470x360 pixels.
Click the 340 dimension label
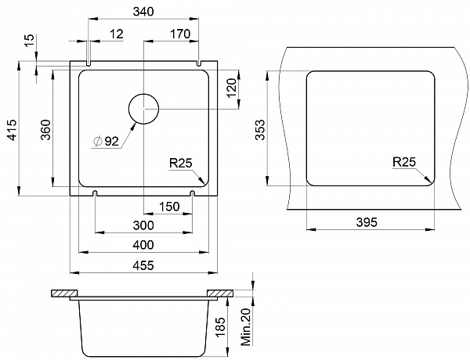(x=143, y=12)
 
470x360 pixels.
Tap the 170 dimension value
(x=180, y=34)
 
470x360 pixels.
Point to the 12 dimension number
(x=116, y=34)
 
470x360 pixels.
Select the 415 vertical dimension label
(x=13, y=130)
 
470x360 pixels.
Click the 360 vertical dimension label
(x=46, y=130)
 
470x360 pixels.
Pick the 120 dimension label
(x=232, y=88)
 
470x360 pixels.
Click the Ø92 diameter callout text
(x=106, y=141)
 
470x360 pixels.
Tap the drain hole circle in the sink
(x=143, y=109)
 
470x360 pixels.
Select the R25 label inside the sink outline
(x=180, y=164)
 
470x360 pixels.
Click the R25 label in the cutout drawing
(x=404, y=162)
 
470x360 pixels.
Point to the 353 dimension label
(x=260, y=130)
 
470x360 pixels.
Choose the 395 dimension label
(x=367, y=222)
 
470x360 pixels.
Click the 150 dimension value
(x=169, y=207)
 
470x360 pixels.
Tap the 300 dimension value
(x=143, y=225)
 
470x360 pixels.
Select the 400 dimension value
(x=143, y=245)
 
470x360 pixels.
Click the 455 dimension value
(x=143, y=265)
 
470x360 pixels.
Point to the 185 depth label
(x=220, y=328)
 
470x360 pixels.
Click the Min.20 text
(x=246, y=327)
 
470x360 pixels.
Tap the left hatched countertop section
(x=64, y=293)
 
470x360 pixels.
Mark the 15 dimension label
(x=30, y=41)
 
